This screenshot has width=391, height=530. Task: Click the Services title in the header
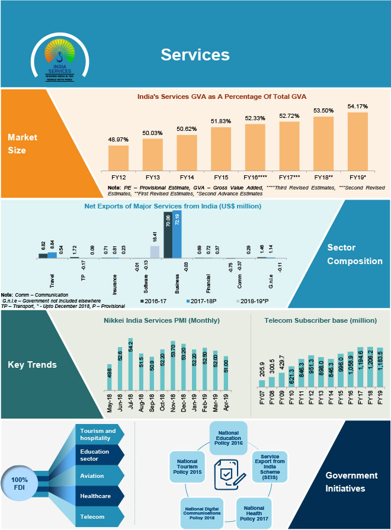[195, 54]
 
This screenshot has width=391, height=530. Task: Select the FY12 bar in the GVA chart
[118, 158]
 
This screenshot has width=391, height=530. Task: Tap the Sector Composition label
[354, 255]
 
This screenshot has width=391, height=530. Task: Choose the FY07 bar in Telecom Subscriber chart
[262, 383]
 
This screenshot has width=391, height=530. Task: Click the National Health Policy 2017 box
[254, 512]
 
